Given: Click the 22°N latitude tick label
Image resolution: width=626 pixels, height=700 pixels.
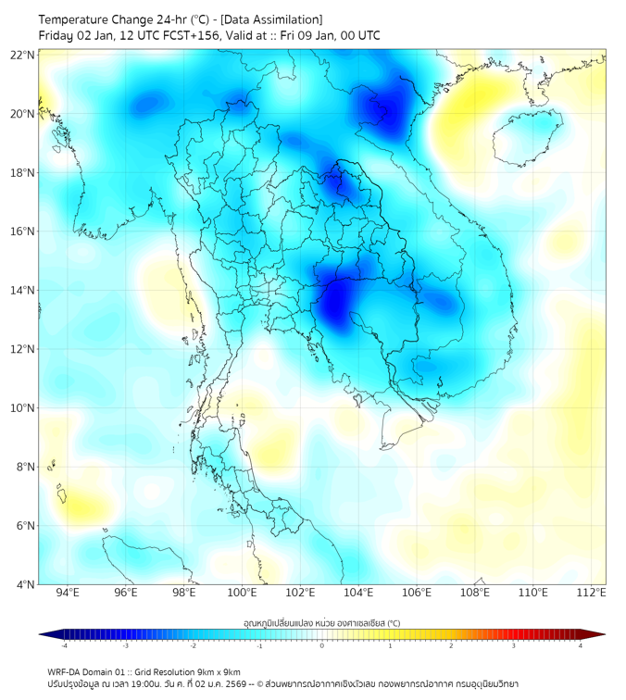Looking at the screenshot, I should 23,56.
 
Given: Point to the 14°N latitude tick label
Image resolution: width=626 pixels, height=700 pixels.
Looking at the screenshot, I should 23,291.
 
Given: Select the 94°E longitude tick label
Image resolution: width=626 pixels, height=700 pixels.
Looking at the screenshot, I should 68,593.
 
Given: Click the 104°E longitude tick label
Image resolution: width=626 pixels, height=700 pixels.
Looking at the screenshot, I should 358,593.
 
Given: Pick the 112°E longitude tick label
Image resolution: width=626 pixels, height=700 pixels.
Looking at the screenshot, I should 591,593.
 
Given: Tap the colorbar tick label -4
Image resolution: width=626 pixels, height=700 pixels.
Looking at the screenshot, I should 63,645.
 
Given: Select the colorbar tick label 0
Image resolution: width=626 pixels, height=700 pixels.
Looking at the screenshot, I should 322,645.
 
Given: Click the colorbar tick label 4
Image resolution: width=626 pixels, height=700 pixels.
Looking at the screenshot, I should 580,645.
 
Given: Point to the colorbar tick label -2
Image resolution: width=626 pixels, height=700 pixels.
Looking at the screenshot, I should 193,645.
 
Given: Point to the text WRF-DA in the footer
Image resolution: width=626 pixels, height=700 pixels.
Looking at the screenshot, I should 67,671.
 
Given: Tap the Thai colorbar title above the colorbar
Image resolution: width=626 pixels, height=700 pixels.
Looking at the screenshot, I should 321,622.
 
